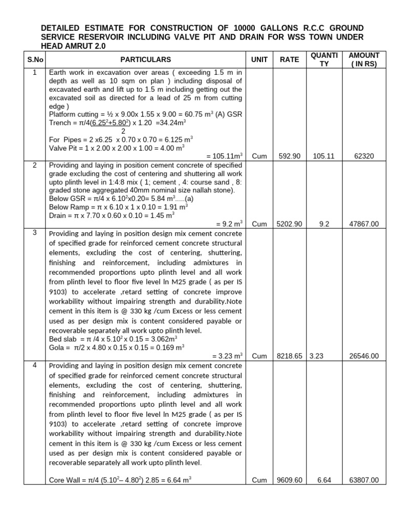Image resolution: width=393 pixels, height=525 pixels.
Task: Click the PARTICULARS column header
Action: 146,59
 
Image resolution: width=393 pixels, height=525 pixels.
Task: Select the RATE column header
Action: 289,59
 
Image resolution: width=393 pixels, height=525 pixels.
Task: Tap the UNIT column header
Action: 259,59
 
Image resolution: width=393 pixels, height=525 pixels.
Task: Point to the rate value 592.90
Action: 289,156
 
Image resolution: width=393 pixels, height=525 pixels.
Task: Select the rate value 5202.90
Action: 289,224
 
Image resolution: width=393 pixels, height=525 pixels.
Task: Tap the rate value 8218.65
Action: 289,356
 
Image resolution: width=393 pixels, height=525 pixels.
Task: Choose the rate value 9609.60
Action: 289,480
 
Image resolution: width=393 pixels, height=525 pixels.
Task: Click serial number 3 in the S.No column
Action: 35,233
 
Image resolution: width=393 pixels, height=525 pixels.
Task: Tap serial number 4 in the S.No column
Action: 35,365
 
